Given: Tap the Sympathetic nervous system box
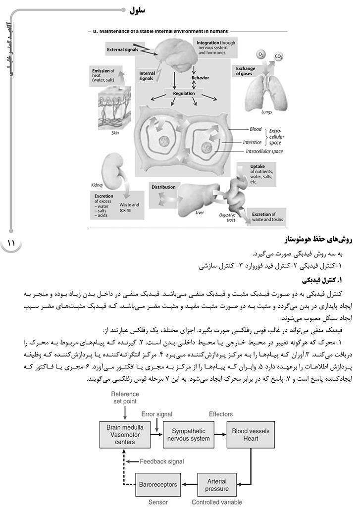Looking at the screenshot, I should (x=188, y=434).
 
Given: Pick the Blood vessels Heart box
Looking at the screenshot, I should (x=251, y=434).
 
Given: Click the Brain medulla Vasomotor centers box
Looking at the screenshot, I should (x=125, y=434).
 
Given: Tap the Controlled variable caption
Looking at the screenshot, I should (x=217, y=502).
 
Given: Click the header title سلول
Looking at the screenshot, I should (x=139, y=9).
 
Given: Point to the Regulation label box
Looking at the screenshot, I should (x=184, y=93).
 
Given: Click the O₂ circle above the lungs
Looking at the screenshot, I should (x=260, y=54).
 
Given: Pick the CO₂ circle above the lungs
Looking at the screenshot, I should (x=278, y=57).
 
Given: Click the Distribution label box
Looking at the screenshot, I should (x=163, y=187).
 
